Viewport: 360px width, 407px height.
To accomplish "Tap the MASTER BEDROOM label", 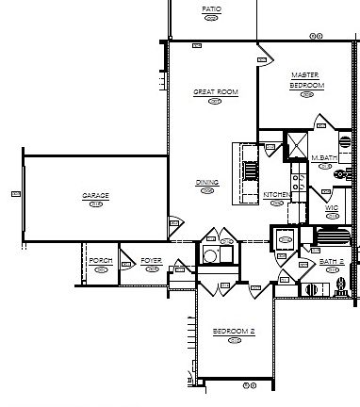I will coord(306,80).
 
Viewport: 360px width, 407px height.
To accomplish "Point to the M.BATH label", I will coord(324,157).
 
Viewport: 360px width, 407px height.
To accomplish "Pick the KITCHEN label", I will coord(276,194).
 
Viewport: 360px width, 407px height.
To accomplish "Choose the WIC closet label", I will coord(332,206).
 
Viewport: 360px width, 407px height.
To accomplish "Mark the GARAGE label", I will coord(95,196).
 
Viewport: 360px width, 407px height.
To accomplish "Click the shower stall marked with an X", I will coord(296,146).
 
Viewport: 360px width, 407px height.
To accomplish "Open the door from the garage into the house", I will coord(175,224).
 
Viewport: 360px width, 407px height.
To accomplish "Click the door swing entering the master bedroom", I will coord(265,54).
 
